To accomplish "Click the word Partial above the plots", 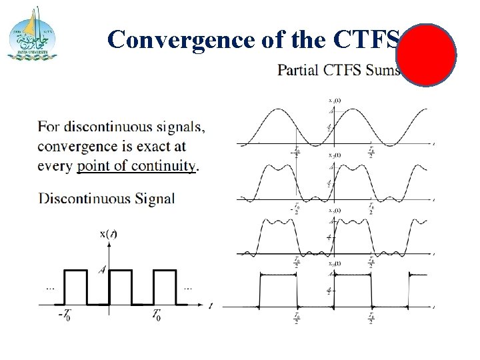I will point(298,69).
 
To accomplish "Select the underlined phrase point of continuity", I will point(136,166).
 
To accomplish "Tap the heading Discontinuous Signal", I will point(107,197).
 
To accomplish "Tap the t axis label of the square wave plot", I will point(210,306).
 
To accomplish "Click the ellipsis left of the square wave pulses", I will point(50,288).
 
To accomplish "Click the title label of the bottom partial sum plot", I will point(334,264).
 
